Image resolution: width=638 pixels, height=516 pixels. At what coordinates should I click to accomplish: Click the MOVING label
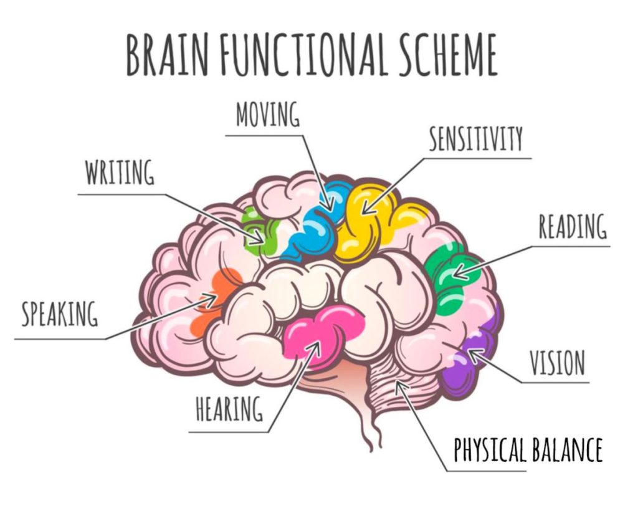point(268,116)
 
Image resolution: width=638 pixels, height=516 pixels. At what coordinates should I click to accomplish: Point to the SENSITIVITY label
point(475,140)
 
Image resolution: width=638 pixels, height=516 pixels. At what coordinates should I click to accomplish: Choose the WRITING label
point(120,173)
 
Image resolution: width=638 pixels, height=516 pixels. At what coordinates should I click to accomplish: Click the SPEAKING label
point(60,315)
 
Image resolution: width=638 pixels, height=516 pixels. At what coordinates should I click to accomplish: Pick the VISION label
point(557,363)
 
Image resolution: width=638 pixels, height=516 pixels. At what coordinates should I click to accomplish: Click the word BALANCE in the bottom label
point(567,450)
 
